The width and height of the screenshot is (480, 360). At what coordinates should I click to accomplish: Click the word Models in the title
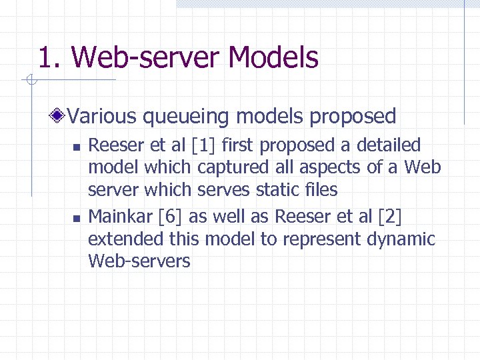(273, 58)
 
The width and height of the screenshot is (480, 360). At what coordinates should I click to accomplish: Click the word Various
(101, 117)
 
